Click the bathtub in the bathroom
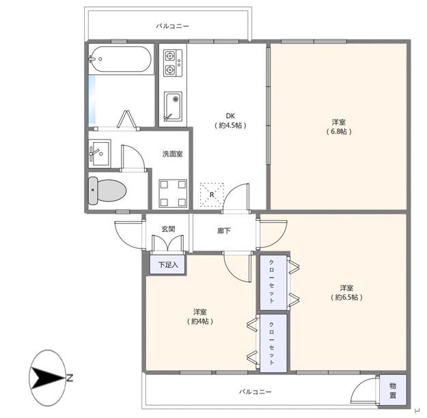point(120,59)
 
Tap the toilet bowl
point(107,191)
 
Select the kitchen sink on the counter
point(173,106)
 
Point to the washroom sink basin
point(100,153)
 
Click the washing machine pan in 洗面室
point(173,193)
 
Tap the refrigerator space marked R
point(212,195)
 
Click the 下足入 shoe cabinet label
point(168,264)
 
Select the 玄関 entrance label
point(168,229)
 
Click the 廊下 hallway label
point(224,231)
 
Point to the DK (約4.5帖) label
point(230,121)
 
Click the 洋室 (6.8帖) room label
point(339,126)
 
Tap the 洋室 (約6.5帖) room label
point(346,292)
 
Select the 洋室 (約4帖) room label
point(200,317)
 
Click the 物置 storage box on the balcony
point(392,390)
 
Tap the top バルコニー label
point(172,27)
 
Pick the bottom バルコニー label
point(255,392)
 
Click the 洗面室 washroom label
point(172,154)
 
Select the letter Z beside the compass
point(70,378)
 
